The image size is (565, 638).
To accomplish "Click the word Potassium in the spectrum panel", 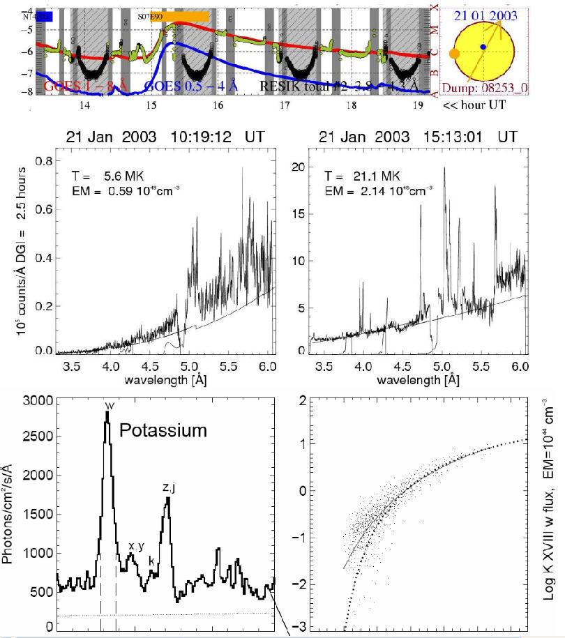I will pyautogui.click(x=163, y=430).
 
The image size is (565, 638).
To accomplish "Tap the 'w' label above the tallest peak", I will pyautogui.click(x=108, y=405).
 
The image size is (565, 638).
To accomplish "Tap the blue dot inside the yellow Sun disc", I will pyautogui.click(x=483, y=47).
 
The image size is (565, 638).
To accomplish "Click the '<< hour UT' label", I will pyautogui.click(x=469, y=106).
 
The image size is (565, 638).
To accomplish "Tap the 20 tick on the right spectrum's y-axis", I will pyautogui.click(x=299, y=167).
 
